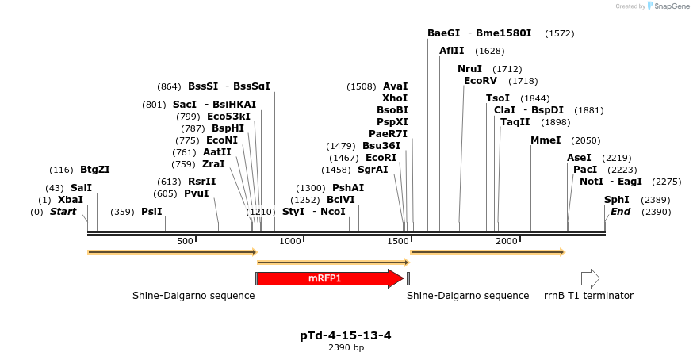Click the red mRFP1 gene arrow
[x=329, y=278]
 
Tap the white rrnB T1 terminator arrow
[x=591, y=278]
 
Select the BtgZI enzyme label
[x=95, y=169]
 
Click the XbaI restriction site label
[x=71, y=200]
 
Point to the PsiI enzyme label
[x=151, y=212]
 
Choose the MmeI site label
[x=546, y=140]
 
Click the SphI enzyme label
[x=617, y=200]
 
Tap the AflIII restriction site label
[x=452, y=51]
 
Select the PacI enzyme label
[x=585, y=170]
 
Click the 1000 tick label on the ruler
[x=290, y=241]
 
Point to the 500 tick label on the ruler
[x=185, y=241]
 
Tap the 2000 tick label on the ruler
[x=507, y=241]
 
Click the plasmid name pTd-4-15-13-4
[x=346, y=335]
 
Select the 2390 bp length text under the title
[x=346, y=347]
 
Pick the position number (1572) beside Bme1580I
[x=560, y=33]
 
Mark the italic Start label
[x=63, y=212]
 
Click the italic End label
[x=619, y=212]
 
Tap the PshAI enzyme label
[x=348, y=188]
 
